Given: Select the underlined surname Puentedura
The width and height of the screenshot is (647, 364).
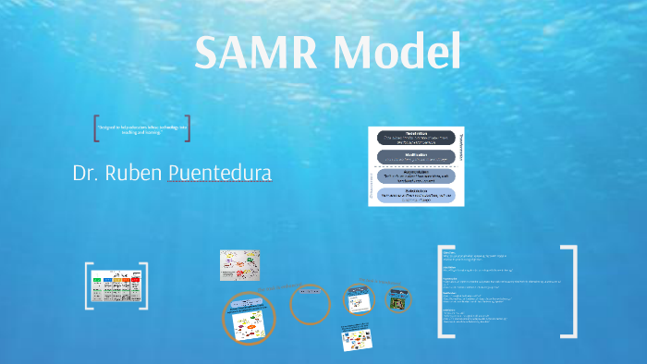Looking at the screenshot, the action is click(x=220, y=173).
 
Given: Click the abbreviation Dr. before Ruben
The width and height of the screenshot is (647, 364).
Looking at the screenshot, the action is click(x=87, y=173).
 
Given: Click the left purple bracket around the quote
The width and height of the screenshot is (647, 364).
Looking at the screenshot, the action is click(x=97, y=128).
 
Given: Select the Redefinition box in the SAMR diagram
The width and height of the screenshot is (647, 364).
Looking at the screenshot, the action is click(x=415, y=137).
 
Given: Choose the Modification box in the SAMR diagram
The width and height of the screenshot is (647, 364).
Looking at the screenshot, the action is click(x=415, y=157).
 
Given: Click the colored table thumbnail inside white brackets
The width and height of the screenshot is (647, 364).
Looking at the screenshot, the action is click(x=116, y=287).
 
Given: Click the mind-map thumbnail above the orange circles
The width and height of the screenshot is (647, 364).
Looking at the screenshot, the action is click(x=239, y=266).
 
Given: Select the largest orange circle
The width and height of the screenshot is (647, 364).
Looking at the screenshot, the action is click(x=250, y=319).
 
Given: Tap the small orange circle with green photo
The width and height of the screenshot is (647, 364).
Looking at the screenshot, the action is click(x=398, y=300).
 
